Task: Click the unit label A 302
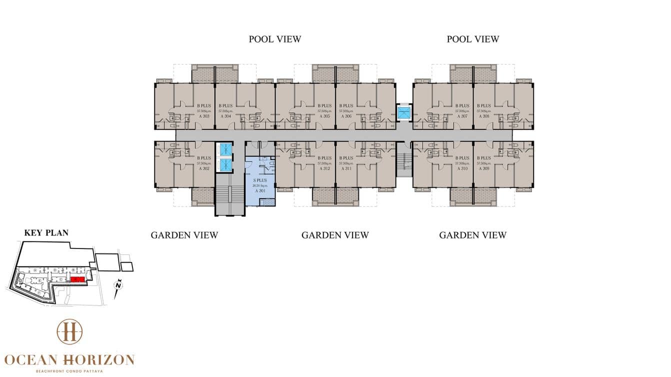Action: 203,168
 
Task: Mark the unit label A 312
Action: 324,168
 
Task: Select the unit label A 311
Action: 345,168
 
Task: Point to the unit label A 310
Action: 461,168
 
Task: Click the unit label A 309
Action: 483,168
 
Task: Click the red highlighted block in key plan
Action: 77,279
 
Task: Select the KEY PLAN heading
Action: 46,232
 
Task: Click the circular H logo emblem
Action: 69,331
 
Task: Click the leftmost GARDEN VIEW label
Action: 184,235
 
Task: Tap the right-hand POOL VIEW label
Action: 472,39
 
